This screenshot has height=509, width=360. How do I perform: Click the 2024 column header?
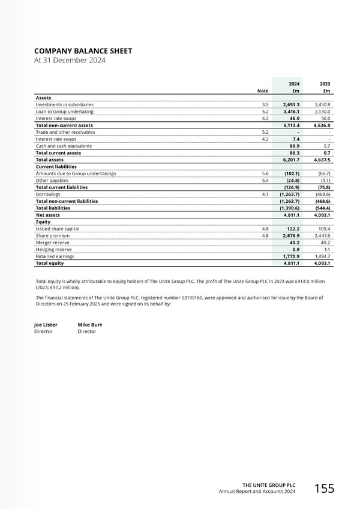click(295, 84)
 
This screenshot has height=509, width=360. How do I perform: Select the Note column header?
click(263, 91)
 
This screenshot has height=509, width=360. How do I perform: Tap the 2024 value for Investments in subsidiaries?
click(292, 104)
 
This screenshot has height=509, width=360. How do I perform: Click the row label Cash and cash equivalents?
click(64, 146)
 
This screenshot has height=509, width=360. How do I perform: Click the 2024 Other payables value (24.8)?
click(292, 180)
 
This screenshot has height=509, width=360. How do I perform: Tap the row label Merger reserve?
click(53, 242)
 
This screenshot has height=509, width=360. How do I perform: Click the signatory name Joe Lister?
click(46, 325)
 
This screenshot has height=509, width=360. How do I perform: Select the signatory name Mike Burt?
click(90, 325)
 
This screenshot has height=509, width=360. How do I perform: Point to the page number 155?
click(325, 489)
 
